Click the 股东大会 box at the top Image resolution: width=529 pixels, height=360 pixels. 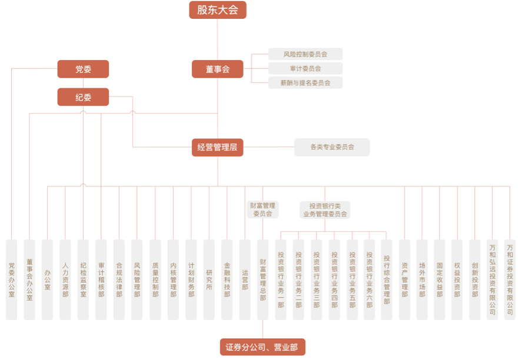point(217,10)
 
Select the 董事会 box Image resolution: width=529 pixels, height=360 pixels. point(217,69)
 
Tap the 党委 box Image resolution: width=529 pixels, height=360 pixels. point(83,69)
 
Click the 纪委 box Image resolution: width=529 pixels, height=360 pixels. point(83,97)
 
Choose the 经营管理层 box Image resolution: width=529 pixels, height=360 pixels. point(217,147)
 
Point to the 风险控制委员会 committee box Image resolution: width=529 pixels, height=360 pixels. point(305,54)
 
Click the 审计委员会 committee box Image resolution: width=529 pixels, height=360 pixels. point(305,68)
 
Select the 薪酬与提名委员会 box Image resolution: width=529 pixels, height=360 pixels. point(305,83)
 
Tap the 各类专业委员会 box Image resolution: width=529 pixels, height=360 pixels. point(332,147)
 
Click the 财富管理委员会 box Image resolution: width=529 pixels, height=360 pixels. point(262,209)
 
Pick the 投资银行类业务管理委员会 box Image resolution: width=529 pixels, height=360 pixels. point(325,209)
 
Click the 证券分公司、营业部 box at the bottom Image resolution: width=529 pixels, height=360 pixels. point(262,347)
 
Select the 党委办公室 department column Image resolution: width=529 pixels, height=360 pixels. point(12,279)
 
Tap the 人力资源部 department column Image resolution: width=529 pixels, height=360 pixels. point(65,279)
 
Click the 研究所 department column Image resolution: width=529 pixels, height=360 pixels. point(209,279)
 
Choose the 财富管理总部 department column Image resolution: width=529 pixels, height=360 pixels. point(262,279)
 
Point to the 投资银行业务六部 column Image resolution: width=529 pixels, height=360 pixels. point(369,279)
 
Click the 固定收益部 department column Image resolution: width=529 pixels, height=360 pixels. point(440,279)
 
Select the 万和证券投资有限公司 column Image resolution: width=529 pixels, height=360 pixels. point(510,279)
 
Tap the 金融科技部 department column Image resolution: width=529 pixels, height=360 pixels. point(227,279)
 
